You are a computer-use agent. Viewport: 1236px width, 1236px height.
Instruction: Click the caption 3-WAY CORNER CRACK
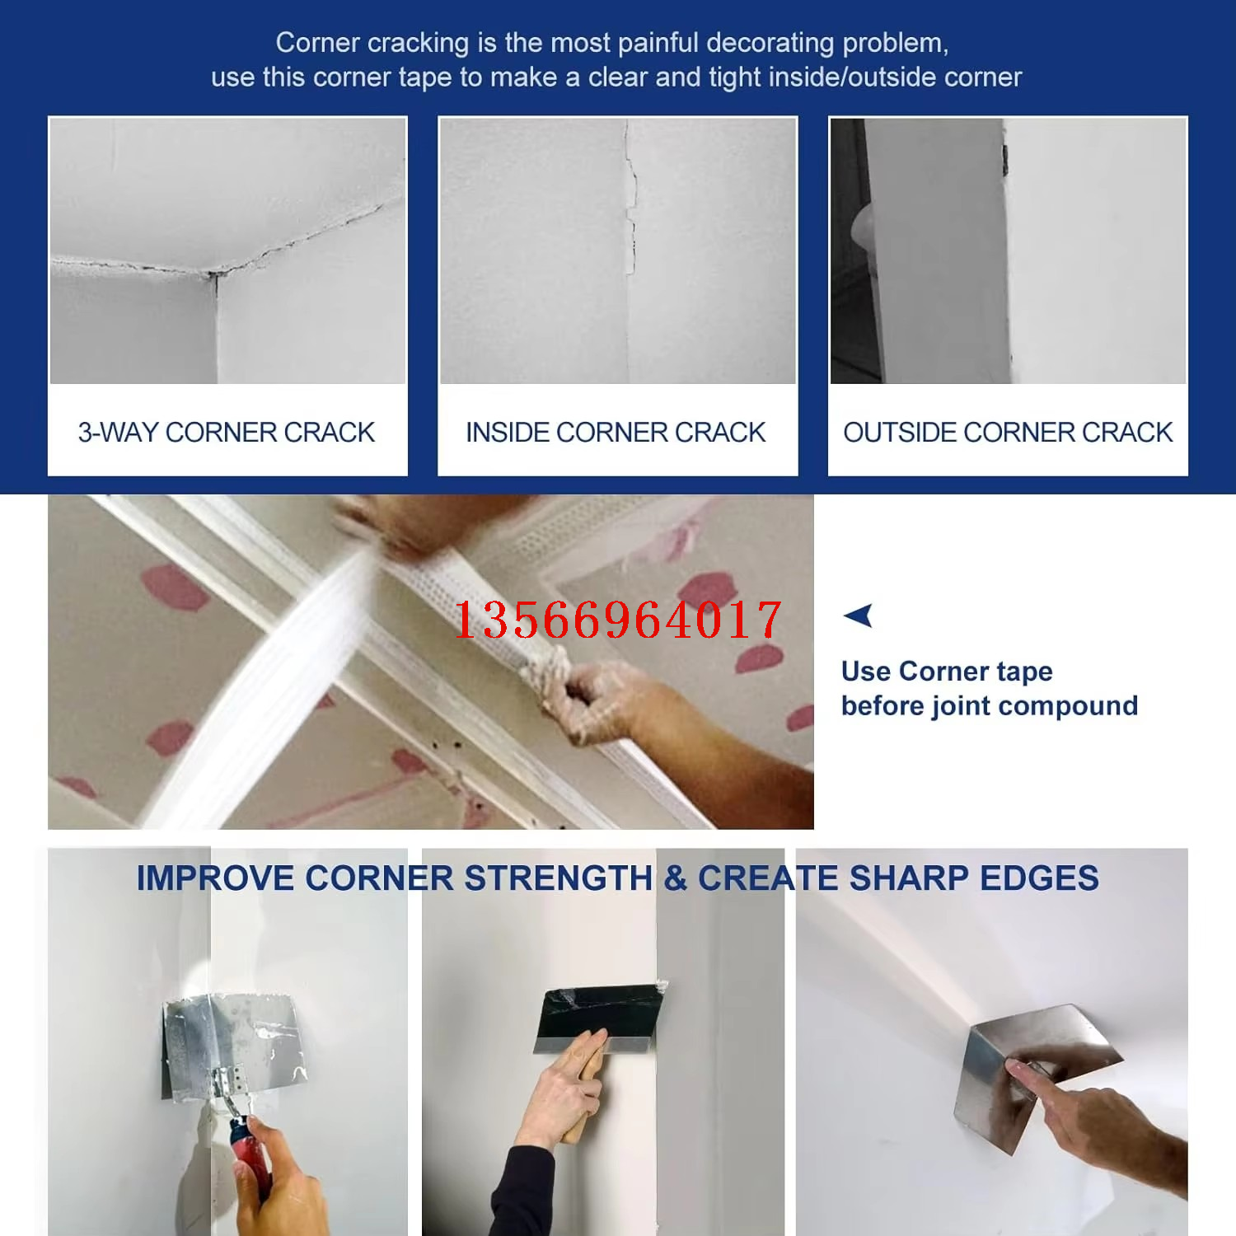coord(227,432)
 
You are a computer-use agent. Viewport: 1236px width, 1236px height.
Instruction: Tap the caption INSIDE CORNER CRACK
coord(616,432)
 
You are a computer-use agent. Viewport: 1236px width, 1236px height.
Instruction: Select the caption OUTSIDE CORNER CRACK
coord(1008,432)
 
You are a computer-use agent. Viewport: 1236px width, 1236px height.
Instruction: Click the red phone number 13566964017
coord(617,620)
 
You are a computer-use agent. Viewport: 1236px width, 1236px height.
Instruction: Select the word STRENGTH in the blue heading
coord(558,878)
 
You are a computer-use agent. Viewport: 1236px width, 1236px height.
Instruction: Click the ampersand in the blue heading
coord(676,878)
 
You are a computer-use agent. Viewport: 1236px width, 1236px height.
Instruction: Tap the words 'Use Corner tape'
coord(947,672)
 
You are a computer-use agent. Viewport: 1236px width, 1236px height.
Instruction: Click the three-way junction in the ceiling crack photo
coord(213,274)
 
